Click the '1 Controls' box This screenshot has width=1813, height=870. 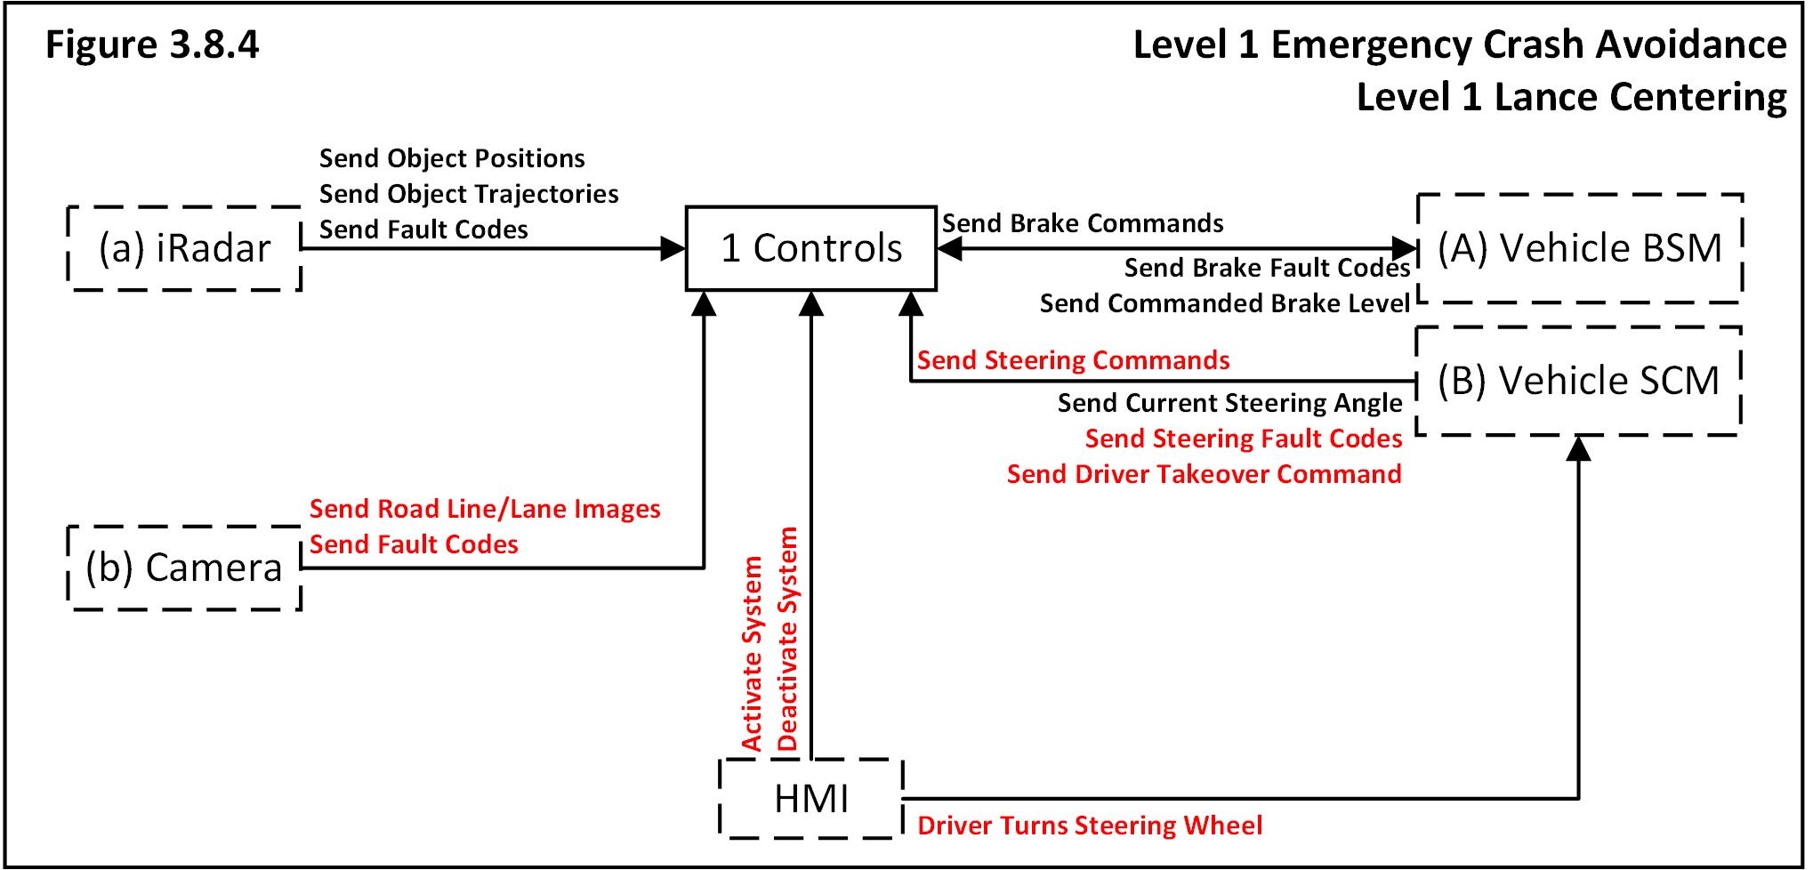coord(810,248)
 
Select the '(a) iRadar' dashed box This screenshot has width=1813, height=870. coord(184,248)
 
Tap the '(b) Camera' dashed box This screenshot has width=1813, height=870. coord(184,568)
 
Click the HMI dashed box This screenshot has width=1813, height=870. coord(810,798)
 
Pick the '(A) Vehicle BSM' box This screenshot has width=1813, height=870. coord(1579,248)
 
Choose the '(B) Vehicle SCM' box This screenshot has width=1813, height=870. coord(1577,381)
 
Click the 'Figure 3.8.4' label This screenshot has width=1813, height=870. coord(152,44)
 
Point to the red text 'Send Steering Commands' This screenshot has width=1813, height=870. coord(1073,360)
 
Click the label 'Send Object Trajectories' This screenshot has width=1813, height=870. coord(469,194)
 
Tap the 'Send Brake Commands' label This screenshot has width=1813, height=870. coord(1083,223)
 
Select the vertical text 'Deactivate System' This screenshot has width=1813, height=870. coord(788,640)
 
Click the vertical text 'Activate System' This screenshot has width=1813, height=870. coord(753,654)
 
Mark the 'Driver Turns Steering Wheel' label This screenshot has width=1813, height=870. coord(1089,826)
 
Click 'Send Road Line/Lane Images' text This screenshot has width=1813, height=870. coord(485,509)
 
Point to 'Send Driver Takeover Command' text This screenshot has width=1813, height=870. coord(1204,474)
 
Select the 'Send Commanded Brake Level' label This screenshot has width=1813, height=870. coord(1224,303)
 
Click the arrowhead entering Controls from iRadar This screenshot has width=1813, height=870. coord(673,248)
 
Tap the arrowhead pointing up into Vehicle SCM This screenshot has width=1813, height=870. coord(1578,447)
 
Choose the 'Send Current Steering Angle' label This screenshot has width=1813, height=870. coord(1229,403)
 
